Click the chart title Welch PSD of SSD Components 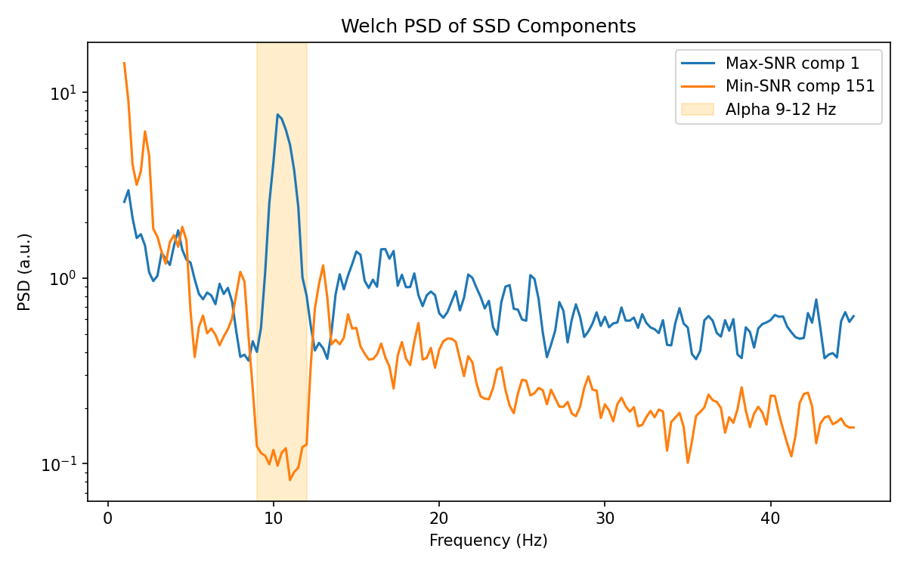[488, 26]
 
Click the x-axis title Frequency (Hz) [488, 541]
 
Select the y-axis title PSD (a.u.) [25, 271]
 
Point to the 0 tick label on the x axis [108, 519]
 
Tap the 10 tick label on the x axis [274, 519]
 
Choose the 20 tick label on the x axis [439, 519]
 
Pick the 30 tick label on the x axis [605, 519]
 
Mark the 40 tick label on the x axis [770, 519]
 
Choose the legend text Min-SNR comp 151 [800, 85]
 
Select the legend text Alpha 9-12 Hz [781, 109]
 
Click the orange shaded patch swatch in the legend [696, 109]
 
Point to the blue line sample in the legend [696, 62]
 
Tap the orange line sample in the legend [696, 85]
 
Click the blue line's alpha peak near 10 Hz [277, 114]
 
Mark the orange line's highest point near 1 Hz [124, 63]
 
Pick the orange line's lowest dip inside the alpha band [289, 480]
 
